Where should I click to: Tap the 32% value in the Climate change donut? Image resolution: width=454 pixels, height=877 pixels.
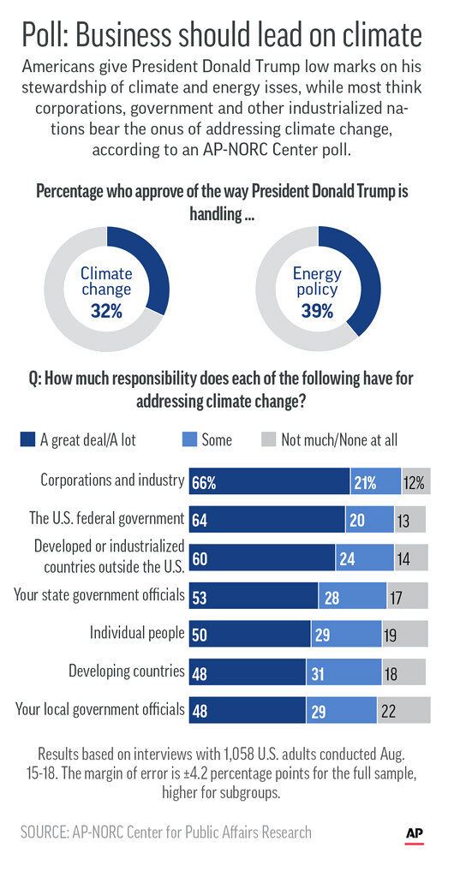[x=106, y=310]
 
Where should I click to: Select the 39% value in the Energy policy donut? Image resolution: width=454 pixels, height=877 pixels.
[x=317, y=310]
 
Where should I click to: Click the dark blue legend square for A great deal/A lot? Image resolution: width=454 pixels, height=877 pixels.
[x=27, y=439]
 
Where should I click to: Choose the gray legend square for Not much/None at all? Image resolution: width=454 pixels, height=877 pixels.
[x=268, y=439]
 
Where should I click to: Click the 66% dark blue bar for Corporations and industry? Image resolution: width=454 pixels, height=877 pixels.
[x=270, y=481]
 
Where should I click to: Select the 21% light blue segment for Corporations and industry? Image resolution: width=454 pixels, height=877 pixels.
[x=376, y=481]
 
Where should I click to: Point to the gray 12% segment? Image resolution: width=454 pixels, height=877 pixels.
[x=416, y=481]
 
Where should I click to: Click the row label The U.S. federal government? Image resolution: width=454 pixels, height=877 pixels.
[x=106, y=518]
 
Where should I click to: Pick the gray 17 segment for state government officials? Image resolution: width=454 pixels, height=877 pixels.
[x=407, y=596]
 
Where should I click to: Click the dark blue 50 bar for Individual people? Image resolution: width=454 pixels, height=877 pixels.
[x=249, y=634]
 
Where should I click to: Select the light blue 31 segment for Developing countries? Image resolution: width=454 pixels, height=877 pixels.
[x=343, y=672]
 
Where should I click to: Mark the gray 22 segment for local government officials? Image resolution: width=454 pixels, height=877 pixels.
[x=403, y=710]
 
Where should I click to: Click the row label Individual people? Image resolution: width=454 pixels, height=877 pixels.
[x=137, y=633]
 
